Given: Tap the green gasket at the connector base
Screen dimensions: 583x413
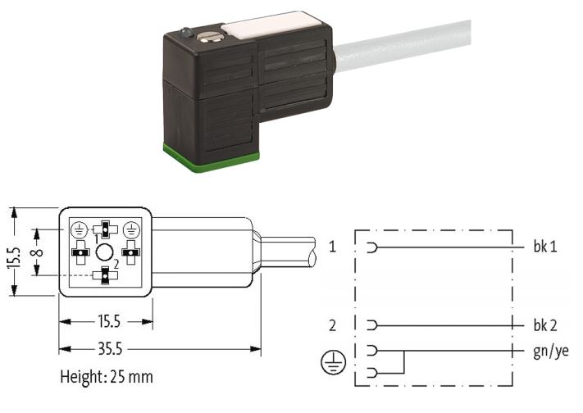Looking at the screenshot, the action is [211, 158].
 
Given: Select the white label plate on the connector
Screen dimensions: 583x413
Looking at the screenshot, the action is [268, 25].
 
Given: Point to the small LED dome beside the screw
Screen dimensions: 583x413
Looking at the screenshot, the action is [186, 34].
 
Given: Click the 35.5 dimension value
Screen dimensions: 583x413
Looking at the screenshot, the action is [110, 349].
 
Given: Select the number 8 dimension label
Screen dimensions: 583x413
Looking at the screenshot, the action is [37, 252].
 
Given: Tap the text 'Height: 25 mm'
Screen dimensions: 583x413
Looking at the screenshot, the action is [107, 377].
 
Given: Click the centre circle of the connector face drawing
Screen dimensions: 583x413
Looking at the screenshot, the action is [104, 252].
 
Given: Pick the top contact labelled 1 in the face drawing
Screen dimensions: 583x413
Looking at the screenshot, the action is [105, 229].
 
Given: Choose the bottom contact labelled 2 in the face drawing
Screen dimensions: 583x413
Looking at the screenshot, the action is [105, 275].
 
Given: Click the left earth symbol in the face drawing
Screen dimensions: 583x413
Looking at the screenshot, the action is [80, 229].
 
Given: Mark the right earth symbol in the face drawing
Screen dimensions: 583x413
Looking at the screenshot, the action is [131, 229].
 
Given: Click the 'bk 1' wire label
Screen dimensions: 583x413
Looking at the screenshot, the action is [545, 247].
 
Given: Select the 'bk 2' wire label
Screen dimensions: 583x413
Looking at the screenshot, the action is [545, 325].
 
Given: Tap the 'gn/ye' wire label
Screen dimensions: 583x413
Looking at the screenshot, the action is [551, 352].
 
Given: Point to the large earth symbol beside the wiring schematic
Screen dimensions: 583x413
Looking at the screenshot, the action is [333, 362].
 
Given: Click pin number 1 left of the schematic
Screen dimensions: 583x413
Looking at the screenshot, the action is [332, 246].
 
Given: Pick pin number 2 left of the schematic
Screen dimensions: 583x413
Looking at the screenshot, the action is [332, 325].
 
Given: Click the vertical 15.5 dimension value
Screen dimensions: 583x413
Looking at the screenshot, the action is [14, 257].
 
